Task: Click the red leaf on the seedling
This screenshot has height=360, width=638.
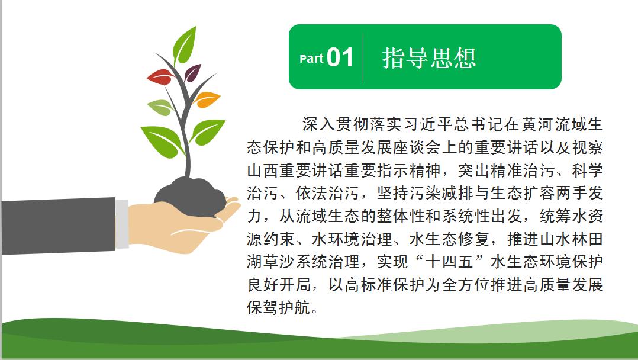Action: point(160,76)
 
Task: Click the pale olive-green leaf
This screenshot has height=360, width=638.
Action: point(160,107)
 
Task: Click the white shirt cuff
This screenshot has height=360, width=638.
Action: point(122,224)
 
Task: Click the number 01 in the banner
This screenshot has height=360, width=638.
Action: point(340,57)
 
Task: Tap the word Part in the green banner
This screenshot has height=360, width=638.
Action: point(311,59)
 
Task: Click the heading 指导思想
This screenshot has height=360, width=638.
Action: point(429,57)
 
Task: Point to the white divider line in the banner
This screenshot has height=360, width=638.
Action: point(363,57)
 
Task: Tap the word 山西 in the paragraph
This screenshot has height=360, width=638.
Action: point(263,170)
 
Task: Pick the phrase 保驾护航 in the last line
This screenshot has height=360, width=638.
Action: point(279,307)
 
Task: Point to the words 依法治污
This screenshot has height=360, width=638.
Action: point(327,193)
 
